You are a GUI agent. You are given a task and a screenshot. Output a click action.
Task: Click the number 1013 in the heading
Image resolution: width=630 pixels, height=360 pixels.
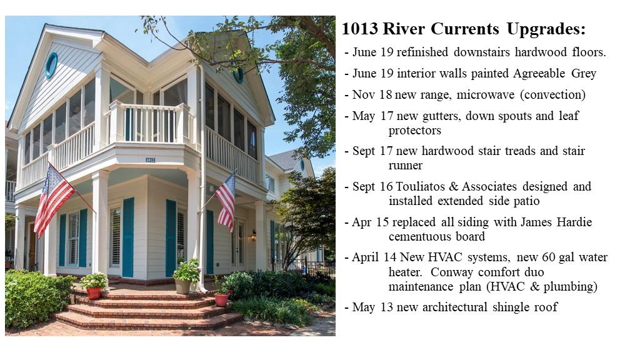click(x=359, y=29)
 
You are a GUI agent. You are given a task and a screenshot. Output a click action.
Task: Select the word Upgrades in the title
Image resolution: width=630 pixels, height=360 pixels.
click(x=546, y=29)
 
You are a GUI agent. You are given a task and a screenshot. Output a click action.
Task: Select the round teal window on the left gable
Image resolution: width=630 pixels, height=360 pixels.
click(x=51, y=65)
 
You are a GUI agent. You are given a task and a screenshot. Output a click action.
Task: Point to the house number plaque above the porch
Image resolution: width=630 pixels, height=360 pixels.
click(x=150, y=160)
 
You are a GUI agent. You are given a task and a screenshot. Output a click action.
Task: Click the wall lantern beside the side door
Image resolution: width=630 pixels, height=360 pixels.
click(x=253, y=236)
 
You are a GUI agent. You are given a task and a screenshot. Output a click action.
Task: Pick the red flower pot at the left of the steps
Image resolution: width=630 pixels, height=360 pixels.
click(x=94, y=293)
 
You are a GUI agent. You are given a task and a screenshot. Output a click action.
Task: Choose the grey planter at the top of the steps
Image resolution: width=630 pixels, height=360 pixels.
click(x=182, y=286)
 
